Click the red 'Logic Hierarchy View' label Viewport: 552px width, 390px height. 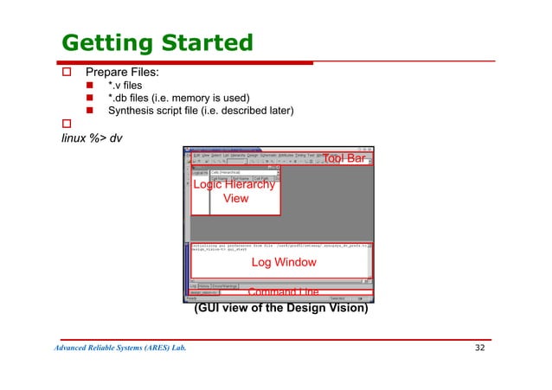tap(234, 191)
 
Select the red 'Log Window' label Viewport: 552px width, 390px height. tap(283, 262)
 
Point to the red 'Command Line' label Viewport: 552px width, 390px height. tap(283, 292)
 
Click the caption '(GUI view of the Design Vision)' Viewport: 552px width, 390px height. tap(281, 306)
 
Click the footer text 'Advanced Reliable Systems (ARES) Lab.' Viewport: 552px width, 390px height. tap(120, 349)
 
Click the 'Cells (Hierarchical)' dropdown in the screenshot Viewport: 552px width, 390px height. tap(247, 172)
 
